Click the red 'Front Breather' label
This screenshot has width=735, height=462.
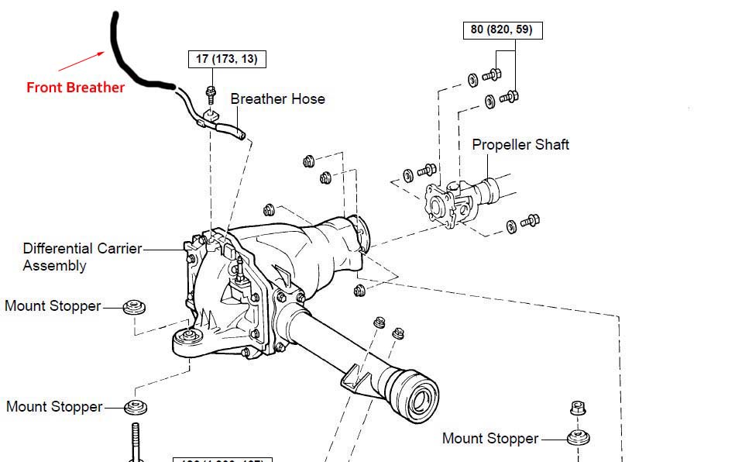(75, 88)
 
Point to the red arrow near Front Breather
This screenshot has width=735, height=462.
(81, 60)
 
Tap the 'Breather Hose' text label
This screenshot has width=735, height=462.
(277, 99)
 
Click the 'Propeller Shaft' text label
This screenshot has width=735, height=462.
(520, 145)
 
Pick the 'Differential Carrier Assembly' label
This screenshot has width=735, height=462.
(82, 257)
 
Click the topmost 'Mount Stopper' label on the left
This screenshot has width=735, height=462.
(53, 306)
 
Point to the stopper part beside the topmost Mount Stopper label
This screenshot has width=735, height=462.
(135, 308)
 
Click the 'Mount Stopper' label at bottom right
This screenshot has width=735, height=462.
(490, 439)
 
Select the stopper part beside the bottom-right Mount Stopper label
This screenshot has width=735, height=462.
(579, 438)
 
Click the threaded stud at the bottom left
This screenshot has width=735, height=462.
(136, 443)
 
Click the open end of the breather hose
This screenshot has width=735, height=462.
(242, 136)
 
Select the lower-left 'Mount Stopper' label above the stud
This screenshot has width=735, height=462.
(54, 407)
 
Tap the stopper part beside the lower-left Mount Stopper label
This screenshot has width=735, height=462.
(136, 407)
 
